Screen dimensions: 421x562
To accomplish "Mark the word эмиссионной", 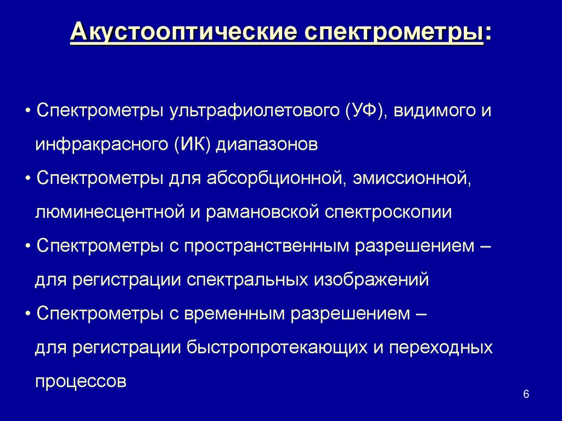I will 412,178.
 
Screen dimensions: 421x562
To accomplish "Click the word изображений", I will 370,280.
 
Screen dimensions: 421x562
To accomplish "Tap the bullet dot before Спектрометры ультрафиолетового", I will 27,111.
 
